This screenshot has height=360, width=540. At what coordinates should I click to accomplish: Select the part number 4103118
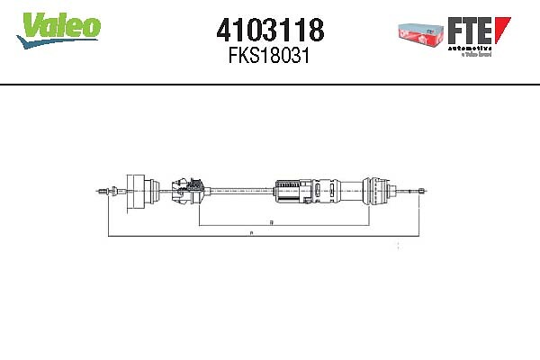point(270,31)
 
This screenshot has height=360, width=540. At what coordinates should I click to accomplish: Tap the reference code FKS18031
point(270,56)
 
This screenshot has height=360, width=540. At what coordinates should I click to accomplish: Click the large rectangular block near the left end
point(139,190)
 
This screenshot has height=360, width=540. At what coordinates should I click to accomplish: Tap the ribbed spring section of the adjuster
point(290,191)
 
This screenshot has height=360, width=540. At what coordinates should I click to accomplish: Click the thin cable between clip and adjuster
point(238,190)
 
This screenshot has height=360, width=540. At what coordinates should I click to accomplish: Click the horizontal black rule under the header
point(270,85)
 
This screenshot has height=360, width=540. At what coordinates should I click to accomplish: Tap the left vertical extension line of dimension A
point(107,216)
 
